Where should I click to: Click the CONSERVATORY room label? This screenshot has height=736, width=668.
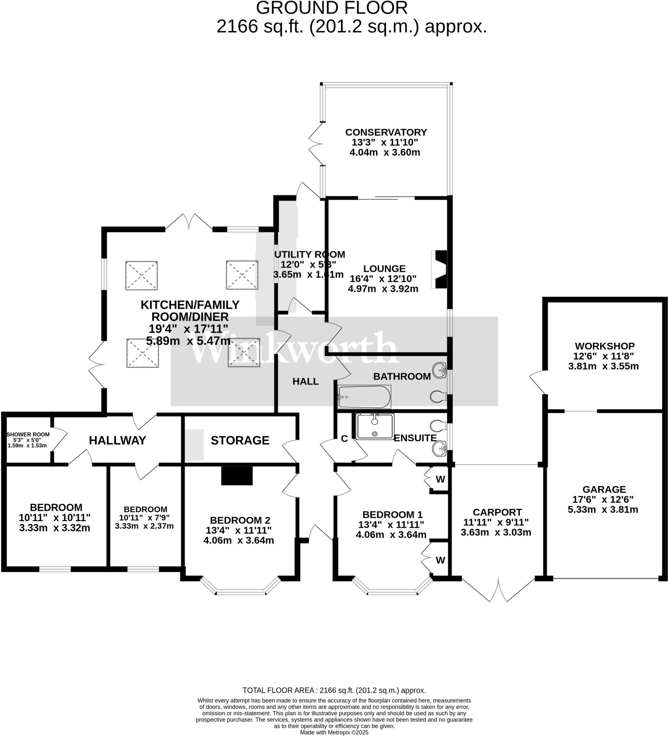pyautogui.click(x=386, y=132)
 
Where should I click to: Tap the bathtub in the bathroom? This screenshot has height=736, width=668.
pyautogui.click(x=364, y=397)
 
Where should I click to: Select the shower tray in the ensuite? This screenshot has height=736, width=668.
pyautogui.click(x=375, y=426)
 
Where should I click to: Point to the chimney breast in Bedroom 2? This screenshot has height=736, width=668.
pyautogui.click(x=237, y=476)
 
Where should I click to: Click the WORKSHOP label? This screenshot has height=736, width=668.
pyautogui.click(x=604, y=346)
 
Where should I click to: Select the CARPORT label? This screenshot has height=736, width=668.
pyautogui.click(x=497, y=512)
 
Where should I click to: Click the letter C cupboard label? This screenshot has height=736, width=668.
pyautogui.click(x=344, y=439)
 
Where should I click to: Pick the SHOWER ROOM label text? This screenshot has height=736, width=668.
pyautogui.click(x=28, y=434)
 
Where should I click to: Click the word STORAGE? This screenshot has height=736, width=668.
pyautogui.click(x=240, y=440)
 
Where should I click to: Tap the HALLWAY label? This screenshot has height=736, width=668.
pyautogui.click(x=117, y=440)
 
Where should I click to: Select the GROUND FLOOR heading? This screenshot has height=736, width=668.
pyautogui.click(x=331, y=8)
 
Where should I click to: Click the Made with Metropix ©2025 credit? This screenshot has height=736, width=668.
pyautogui.click(x=334, y=732)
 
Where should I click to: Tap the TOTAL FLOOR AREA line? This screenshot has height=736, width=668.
pyautogui.click(x=334, y=690)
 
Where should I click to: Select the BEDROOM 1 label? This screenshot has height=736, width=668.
pyautogui.click(x=392, y=514)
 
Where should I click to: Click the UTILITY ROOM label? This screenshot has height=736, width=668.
pyautogui.click(x=309, y=254)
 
